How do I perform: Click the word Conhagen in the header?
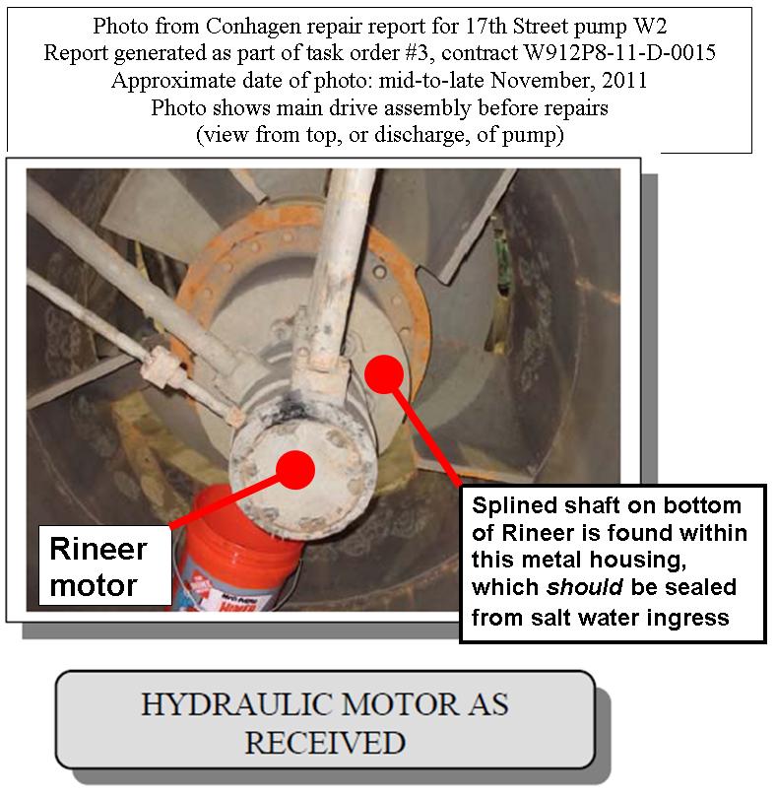(250, 26)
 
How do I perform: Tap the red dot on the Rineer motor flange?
(294, 469)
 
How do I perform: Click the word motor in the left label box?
(94, 585)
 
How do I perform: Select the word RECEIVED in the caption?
(324, 742)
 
